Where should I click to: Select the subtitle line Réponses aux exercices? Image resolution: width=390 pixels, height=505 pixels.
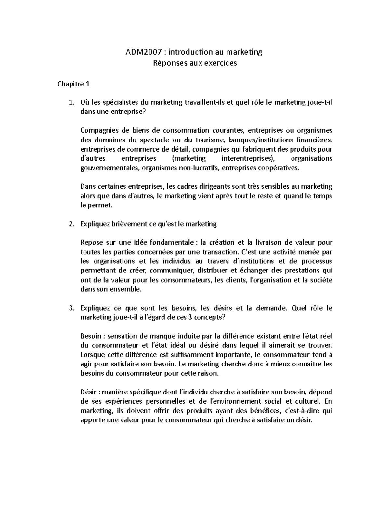pos(195,63)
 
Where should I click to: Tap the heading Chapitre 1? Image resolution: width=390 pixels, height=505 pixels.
pos(73,84)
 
